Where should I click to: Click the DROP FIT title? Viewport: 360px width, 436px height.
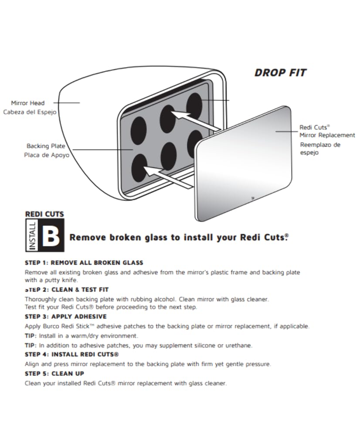[x=280, y=73]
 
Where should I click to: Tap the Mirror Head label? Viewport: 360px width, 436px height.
[x=28, y=103]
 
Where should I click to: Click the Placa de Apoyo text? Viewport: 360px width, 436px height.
[x=46, y=155]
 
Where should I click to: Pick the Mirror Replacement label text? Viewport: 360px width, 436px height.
[x=327, y=135]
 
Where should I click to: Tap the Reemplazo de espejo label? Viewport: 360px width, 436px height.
[x=320, y=148]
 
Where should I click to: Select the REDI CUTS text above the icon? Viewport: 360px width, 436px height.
[x=44, y=214]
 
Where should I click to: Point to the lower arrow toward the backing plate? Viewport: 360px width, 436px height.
[x=168, y=175]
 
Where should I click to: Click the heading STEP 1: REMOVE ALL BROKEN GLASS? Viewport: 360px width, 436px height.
[x=84, y=263]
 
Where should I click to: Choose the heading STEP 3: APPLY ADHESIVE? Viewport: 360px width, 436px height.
[x=66, y=317]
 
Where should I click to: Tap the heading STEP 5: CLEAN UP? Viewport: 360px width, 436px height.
[x=54, y=374]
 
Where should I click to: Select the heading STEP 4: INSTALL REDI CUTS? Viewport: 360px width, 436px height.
[x=72, y=354]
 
